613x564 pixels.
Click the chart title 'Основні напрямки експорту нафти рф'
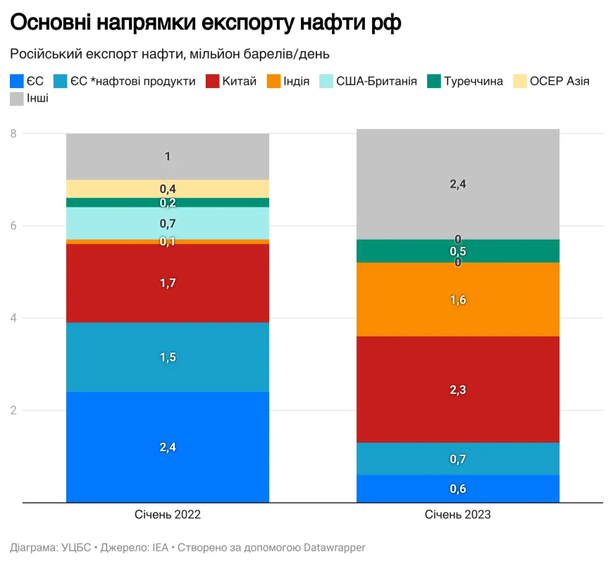point(206,24)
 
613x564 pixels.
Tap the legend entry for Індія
point(291,81)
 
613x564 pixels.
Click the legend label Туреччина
point(473,81)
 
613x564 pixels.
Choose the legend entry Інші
point(37,99)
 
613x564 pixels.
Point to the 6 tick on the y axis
point(13,226)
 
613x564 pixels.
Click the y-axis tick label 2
point(13,410)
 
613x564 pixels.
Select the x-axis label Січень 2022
point(168,515)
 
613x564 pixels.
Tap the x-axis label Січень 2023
point(458,515)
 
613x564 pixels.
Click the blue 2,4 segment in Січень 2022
point(168,447)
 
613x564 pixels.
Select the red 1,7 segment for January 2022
point(168,283)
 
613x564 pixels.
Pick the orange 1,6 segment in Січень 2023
point(458,300)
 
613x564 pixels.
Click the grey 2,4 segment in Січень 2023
point(458,184)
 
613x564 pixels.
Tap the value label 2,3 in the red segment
point(458,389)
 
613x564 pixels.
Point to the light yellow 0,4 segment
point(168,189)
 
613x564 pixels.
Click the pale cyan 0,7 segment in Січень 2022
point(168,223)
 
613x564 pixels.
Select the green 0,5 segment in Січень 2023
point(458,251)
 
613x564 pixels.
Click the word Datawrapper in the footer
point(334,547)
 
